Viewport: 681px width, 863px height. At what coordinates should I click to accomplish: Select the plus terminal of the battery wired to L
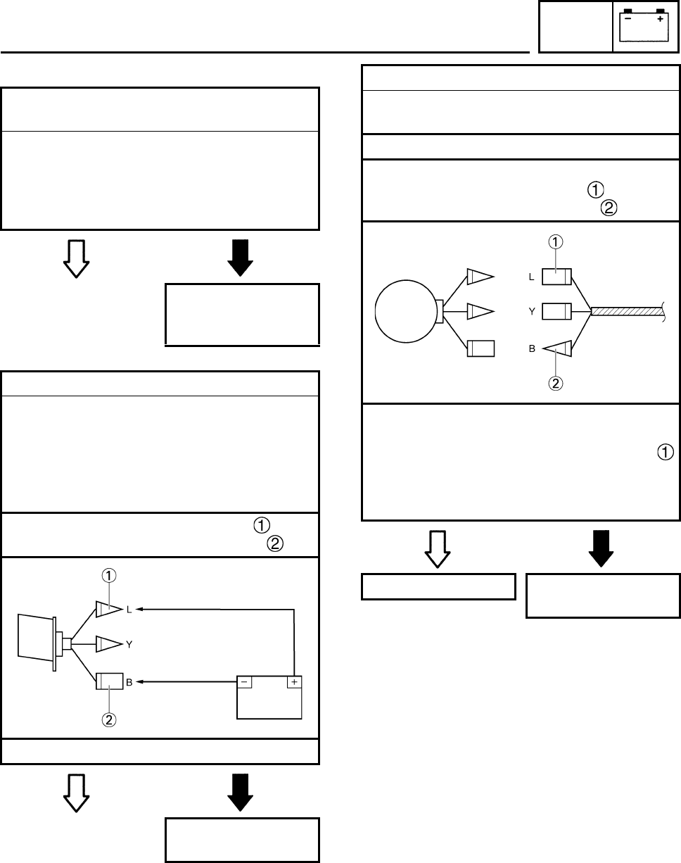click(x=293, y=682)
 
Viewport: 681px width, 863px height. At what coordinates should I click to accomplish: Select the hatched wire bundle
click(x=627, y=310)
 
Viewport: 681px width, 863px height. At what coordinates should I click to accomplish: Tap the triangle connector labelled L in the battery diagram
click(x=108, y=610)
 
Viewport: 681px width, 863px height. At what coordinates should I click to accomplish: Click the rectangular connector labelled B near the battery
click(x=110, y=681)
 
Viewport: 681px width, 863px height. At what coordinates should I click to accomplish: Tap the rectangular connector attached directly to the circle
click(x=480, y=348)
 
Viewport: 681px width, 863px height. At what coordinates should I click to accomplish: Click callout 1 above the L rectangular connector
click(x=556, y=241)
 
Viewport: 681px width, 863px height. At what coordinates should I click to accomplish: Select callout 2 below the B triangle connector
click(x=556, y=384)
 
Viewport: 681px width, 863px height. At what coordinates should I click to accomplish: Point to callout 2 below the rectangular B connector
click(x=110, y=720)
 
